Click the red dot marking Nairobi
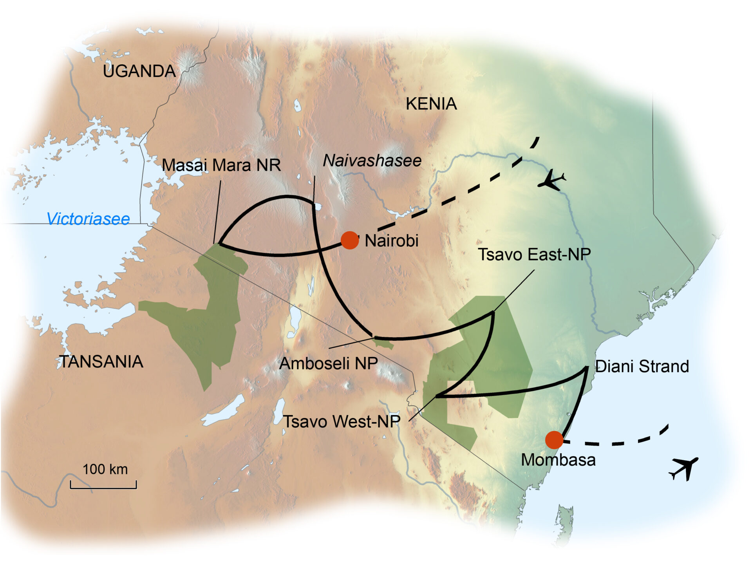[x=349, y=240]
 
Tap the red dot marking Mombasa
[x=554, y=440]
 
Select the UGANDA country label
[x=139, y=71]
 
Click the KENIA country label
[x=431, y=104]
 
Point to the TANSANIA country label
[x=101, y=362]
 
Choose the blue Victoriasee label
[x=88, y=219]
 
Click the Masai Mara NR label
[x=221, y=165]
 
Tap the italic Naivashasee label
[x=372, y=161]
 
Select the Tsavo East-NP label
[x=534, y=255]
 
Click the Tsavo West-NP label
[x=342, y=422]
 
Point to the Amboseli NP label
[x=328, y=363]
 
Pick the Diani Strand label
[x=642, y=366]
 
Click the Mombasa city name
[x=558, y=460]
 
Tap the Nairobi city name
[x=391, y=240]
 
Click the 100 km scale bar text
[x=105, y=469]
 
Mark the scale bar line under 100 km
[x=103, y=488]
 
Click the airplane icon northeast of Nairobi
[x=551, y=181]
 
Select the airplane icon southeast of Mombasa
[x=683, y=468]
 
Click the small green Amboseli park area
[x=384, y=343]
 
